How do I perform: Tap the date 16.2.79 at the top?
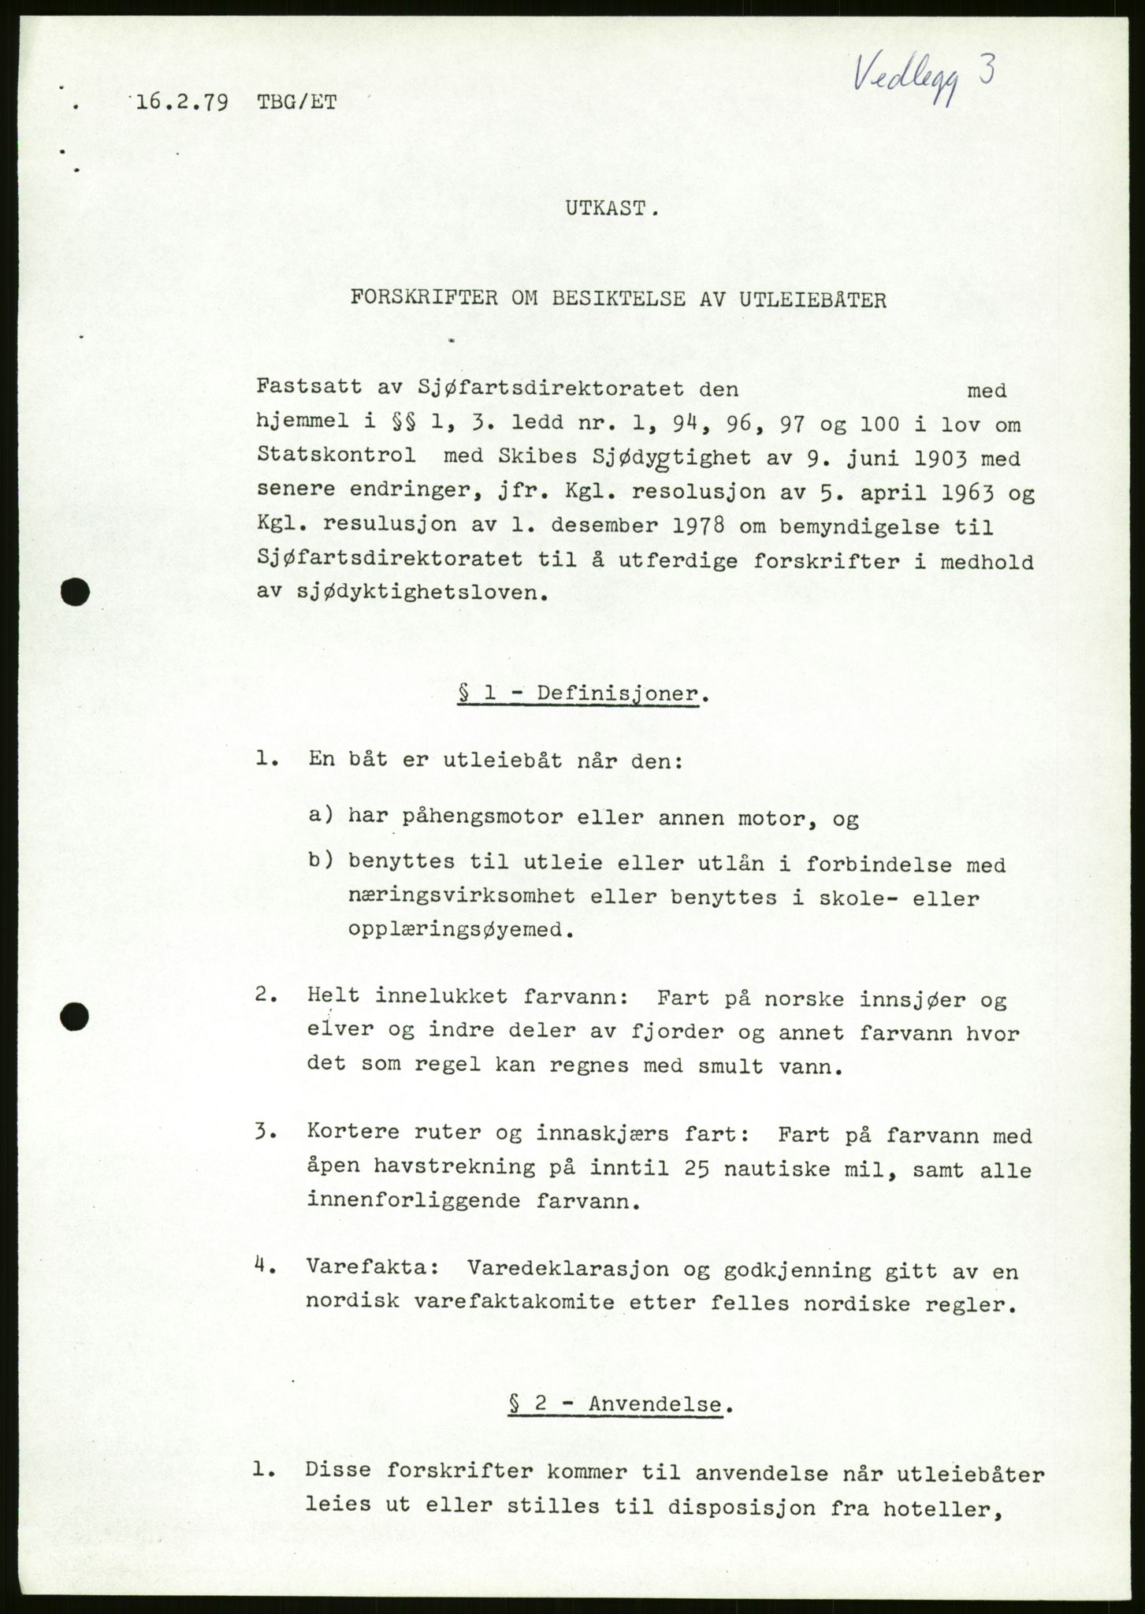pyautogui.click(x=183, y=102)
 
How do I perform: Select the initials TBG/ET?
pyautogui.click(x=296, y=102)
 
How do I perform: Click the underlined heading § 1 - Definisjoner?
pyautogui.click(x=578, y=694)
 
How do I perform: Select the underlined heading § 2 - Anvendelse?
pyautogui.click(x=616, y=1404)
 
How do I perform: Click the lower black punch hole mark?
pyautogui.click(x=76, y=1017)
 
